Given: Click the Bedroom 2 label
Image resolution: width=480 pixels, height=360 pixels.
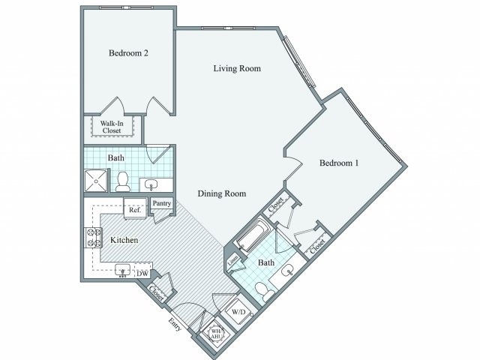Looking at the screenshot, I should [x=128, y=53].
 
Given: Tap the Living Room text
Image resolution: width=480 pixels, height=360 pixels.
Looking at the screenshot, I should [x=236, y=69].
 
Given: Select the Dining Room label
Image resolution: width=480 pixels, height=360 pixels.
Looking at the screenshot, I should [x=222, y=193].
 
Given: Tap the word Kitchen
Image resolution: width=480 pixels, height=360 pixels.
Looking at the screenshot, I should [x=124, y=240].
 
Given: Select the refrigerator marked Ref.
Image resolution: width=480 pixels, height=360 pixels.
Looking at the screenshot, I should [x=135, y=211].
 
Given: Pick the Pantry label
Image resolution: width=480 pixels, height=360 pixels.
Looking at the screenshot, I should [x=161, y=203].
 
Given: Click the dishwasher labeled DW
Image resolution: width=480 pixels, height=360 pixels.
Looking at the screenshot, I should [x=142, y=274].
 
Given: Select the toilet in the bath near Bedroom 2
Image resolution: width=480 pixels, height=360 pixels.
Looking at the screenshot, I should [x=121, y=181].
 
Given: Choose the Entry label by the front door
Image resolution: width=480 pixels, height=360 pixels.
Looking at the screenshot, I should [x=175, y=325].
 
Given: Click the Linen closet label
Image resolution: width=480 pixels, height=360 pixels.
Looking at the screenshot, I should [x=233, y=260].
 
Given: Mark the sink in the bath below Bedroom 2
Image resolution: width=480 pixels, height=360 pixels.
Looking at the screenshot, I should [x=153, y=184].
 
